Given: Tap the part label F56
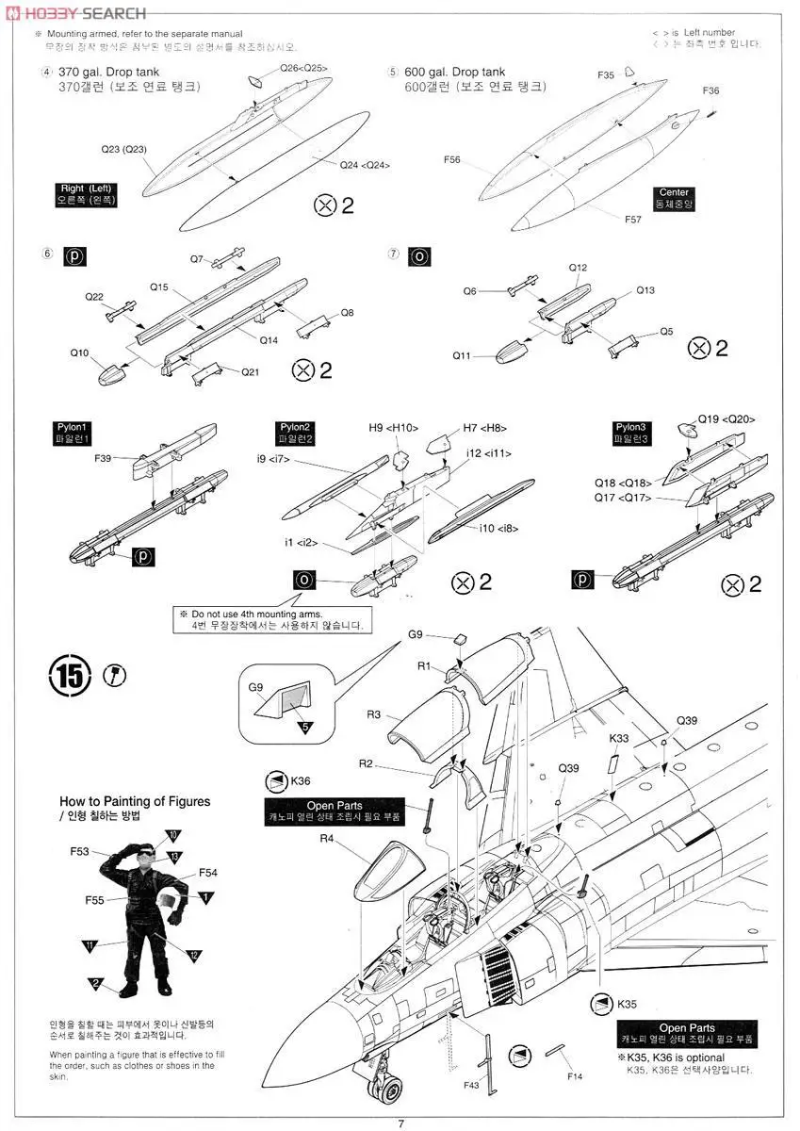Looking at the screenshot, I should pos(451,160).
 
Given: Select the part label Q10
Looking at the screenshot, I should pos(79,352).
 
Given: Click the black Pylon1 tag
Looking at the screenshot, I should pos(73,433).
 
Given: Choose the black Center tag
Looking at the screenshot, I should pos(674,198).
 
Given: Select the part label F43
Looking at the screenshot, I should pos(472,1085).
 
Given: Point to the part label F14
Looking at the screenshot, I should pos(575,1075).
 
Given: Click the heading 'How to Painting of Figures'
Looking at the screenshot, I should pos(135,801).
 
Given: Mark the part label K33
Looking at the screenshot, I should pos(619,738).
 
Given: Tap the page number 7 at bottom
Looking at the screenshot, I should pos(400,1122).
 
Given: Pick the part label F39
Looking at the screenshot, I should pos(103,458).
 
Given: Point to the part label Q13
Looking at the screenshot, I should pos(645,290).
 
